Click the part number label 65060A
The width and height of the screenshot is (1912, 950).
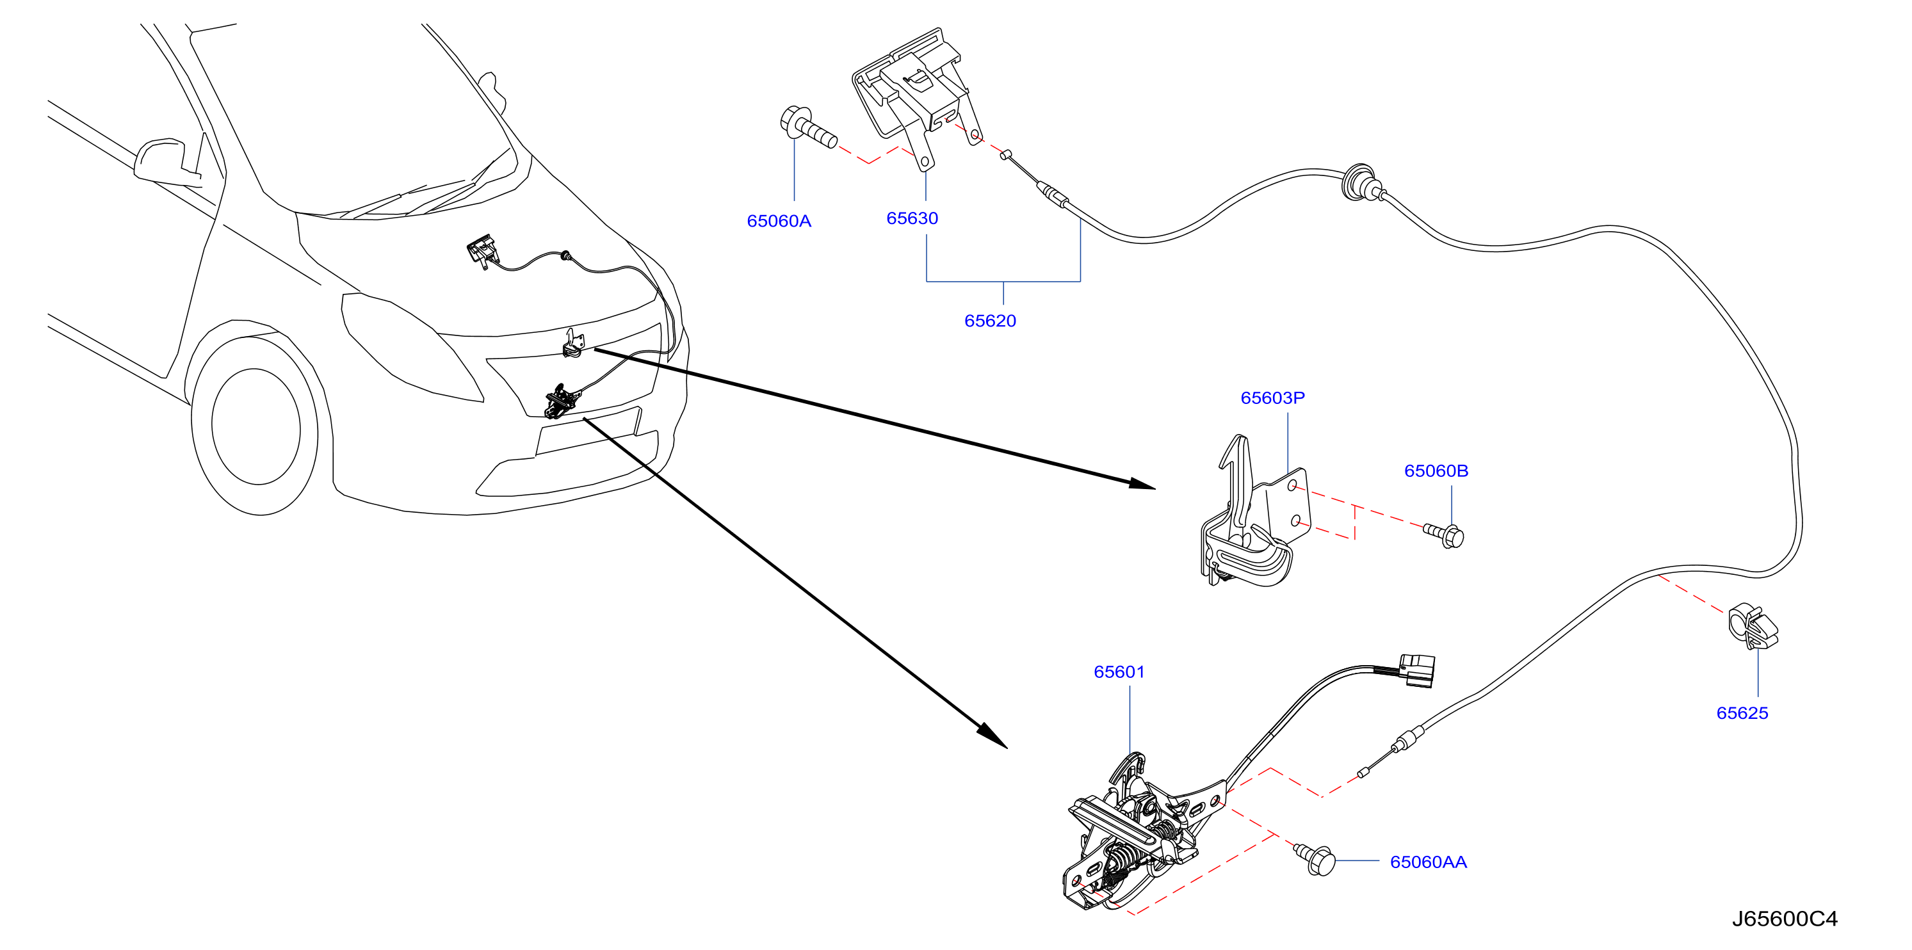pyautogui.click(x=779, y=221)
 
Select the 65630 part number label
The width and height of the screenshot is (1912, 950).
pyautogui.click(x=912, y=218)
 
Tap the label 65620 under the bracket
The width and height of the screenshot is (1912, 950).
pyautogui.click(x=990, y=321)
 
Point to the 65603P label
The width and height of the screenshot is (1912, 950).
pyautogui.click(x=1272, y=398)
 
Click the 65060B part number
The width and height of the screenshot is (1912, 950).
pyautogui.click(x=1436, y=471)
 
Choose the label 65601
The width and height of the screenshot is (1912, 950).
pyautogui.click(x=1119, y=672)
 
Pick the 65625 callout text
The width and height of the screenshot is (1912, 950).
pyautogui.click(x=1742, y=713)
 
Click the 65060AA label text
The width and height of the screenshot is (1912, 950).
pyautogui.click(x=1428, y=862)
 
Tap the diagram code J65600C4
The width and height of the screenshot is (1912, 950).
pyautogui.click(x=1785, y=919)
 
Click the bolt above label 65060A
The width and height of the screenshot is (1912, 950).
pyautogui.click(x=807, y=129)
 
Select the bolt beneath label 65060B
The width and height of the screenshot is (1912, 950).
pyautogui.click(x=1444, y=535)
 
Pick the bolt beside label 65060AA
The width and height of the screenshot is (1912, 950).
pyautogui.click(x=1315, y=858)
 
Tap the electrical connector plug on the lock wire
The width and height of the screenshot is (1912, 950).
pyautogui.click(x=1417, y=670)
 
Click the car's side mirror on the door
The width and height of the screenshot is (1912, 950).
pyautogui.click(x=165, y=161)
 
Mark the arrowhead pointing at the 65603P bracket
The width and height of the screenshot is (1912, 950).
pyautogui.click(x=1142, y=484)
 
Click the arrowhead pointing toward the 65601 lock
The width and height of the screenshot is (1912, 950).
pyautogui.click(x=993, y=736)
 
